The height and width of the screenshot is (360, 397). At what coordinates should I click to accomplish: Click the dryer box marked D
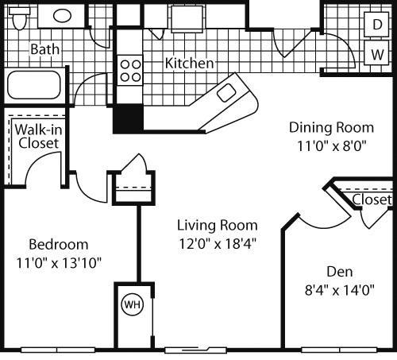376,24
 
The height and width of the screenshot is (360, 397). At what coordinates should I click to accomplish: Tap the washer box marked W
376,55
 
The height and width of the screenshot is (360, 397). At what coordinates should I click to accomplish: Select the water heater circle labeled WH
130,304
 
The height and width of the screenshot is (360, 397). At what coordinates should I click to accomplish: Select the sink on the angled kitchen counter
226,92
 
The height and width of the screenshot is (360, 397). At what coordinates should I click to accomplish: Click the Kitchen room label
189,63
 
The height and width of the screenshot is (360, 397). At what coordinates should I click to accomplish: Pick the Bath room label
45,49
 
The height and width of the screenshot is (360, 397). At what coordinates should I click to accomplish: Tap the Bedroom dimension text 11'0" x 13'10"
58,261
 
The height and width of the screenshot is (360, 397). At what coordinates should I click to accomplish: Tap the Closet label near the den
371,199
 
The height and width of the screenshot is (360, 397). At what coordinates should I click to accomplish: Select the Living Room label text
216,224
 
